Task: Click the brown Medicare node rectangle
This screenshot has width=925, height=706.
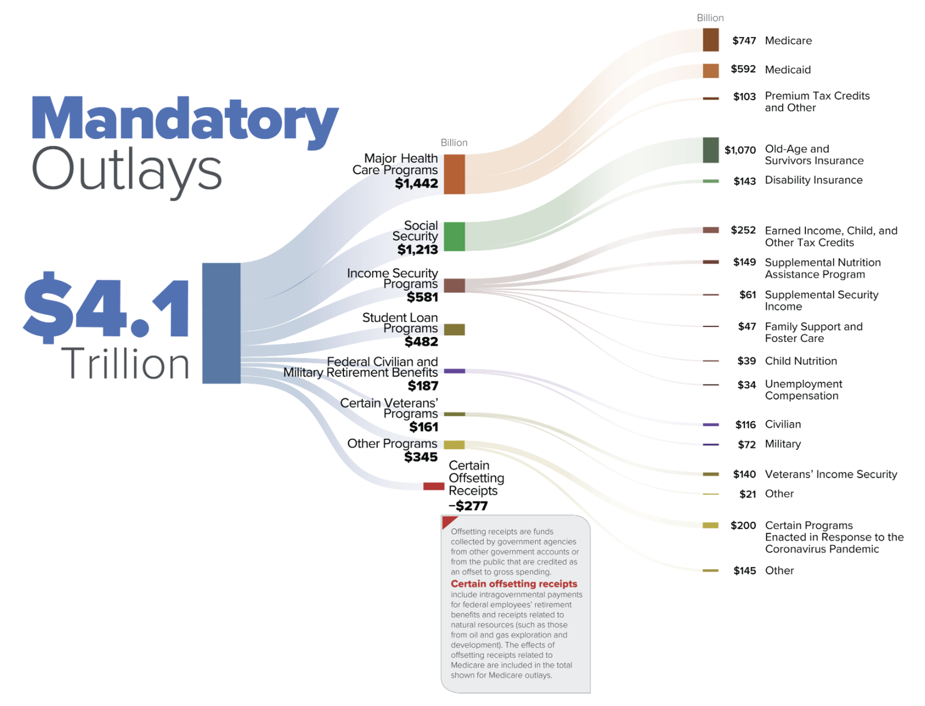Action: pos(710,40)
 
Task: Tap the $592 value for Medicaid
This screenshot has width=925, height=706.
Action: pos(743,69)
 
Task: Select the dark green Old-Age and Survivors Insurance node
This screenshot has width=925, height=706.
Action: pos(710,150)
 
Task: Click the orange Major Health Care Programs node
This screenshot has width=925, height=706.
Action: pos(454,174)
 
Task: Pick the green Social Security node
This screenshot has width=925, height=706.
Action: pos(454,237)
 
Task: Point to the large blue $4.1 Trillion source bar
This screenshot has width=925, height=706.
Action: pos(221,323)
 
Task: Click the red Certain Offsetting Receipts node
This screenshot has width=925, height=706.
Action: pos(434,486)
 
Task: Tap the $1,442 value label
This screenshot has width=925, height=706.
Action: pos(417,184)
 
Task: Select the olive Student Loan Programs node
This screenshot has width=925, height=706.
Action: pos(454,330)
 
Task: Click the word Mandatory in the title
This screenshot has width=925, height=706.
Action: pos(185,119)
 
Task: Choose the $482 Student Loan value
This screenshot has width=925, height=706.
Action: pos(421,342)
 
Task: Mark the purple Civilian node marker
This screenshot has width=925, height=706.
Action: pos(710,424)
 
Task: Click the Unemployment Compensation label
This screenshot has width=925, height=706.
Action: pos(803,390)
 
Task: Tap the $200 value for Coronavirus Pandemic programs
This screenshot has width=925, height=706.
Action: pos(743,525)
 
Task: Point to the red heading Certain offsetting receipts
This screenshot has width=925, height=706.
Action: pos(514,584)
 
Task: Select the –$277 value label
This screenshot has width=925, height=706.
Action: pos(468,506)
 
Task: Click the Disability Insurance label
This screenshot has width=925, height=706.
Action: pos(813,180)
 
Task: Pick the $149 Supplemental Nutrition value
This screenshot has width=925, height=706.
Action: pos(744,262)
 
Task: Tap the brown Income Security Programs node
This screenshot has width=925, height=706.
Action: pos(454,285)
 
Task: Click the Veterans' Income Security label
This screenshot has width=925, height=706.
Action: pos(831,474)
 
